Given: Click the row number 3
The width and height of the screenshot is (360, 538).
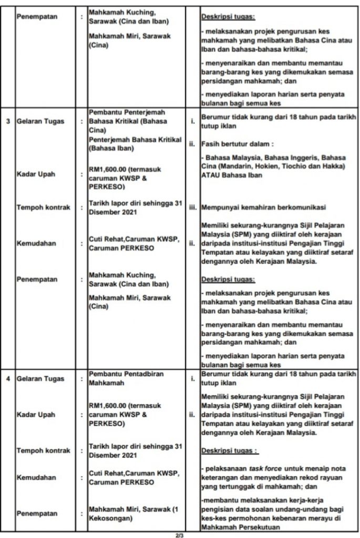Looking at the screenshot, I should (7, 121).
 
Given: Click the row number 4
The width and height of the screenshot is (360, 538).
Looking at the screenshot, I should (7, 378).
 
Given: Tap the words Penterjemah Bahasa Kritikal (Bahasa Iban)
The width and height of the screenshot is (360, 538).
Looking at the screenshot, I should (135, 143).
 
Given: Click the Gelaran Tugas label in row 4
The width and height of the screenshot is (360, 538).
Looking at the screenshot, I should (40, 378).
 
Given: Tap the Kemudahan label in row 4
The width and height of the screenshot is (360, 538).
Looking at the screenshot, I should (37, 478).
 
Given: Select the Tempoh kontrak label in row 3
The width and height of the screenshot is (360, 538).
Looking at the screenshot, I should (43, 207).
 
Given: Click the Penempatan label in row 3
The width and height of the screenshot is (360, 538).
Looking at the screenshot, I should (37, 280).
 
